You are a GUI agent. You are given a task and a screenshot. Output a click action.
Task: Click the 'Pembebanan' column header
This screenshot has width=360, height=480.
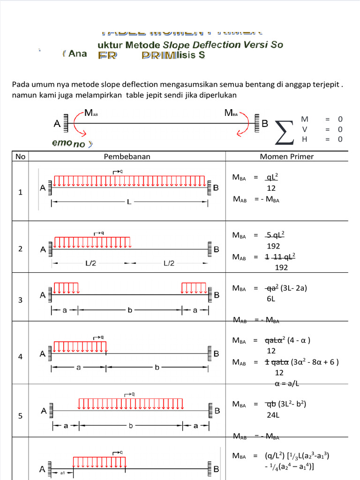click(x=127, y=157)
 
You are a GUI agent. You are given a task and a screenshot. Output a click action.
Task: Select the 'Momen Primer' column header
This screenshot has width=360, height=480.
click(x=287, y=157)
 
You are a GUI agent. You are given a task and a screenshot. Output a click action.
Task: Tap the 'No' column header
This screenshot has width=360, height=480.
click(x=20, y=157)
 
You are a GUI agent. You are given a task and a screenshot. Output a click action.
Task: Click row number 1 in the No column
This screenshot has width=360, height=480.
click(x=20, y=192)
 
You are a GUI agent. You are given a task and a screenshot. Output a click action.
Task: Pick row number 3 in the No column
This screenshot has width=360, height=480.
click(x=20, y=300)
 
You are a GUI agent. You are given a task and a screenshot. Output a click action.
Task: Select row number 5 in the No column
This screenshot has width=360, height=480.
click(x=20, y=415)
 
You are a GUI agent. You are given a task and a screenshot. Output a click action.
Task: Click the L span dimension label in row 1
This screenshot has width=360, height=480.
click(x=129, y=202)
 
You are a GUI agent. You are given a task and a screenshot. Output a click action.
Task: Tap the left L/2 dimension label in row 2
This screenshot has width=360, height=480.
click(x=91, y=263)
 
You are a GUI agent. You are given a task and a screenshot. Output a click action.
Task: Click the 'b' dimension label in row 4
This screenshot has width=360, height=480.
click(x=157, y=368)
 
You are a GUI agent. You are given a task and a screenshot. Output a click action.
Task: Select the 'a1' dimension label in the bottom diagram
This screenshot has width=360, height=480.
click(x=62, y=473)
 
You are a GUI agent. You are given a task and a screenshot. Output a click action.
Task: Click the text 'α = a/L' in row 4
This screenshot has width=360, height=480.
click(x=286, y=383)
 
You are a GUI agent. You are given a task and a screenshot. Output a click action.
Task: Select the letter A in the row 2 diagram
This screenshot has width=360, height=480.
click(x=43, y=250)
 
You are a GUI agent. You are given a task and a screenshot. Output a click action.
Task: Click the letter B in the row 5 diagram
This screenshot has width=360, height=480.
click(x=216, y=411)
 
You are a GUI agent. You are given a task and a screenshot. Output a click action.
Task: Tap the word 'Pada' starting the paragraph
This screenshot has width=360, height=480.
click(x=20, y=85)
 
